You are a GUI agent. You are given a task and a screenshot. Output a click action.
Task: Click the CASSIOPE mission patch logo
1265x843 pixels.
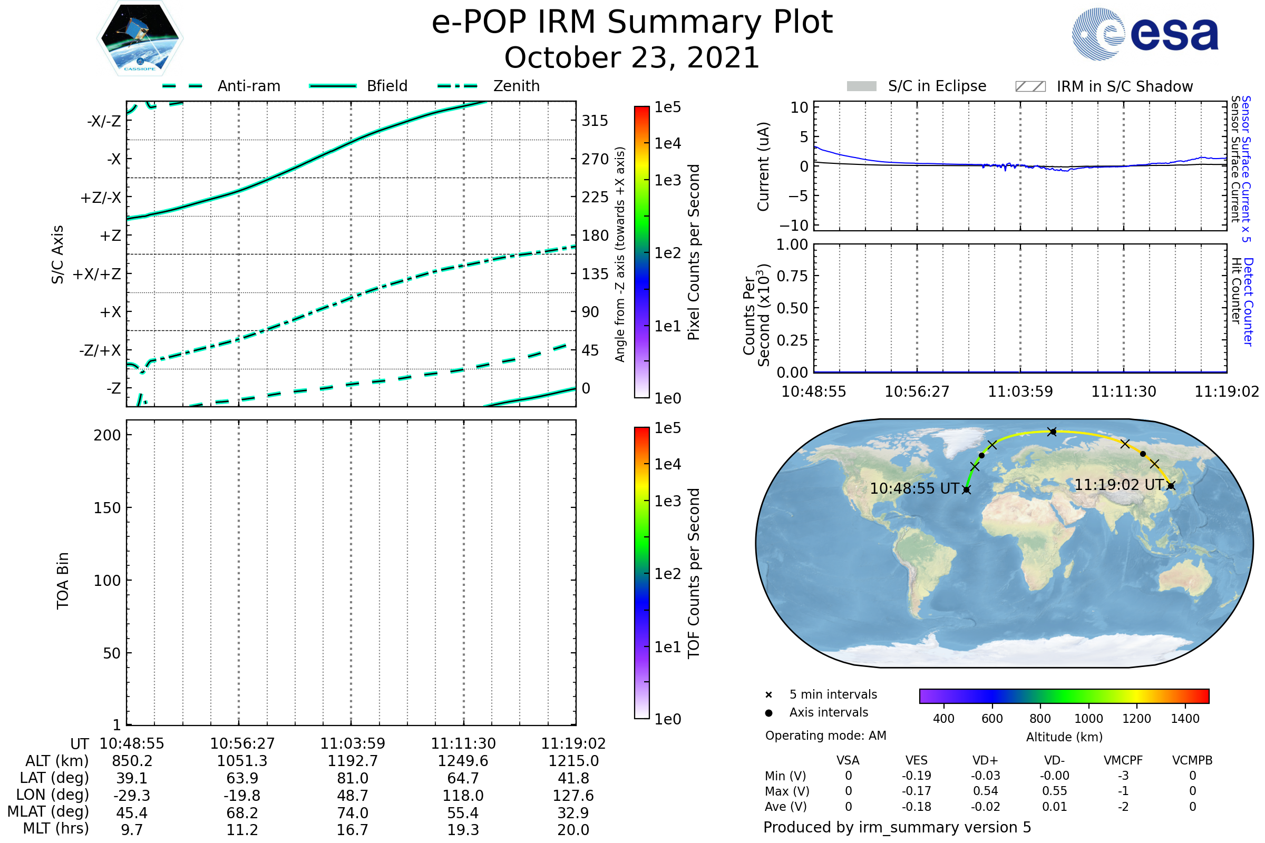[140, 38]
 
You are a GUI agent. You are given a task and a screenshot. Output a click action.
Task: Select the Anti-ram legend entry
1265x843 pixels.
[221, 86]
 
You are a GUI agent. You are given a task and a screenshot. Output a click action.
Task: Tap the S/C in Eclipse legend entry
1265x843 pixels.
[917, 86]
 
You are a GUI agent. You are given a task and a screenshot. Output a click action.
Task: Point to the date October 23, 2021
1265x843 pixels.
[632, 57]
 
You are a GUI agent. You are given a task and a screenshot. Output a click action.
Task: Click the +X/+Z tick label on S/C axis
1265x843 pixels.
[97, 274]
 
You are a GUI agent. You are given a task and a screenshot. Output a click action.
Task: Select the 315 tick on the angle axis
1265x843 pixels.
[595, 121]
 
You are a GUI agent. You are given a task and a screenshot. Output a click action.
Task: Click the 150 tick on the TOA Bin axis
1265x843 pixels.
[107, 508]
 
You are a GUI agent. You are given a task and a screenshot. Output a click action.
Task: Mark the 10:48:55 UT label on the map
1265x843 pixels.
[914, 489]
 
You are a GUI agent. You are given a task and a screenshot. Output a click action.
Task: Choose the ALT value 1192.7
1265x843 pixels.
[353, 761]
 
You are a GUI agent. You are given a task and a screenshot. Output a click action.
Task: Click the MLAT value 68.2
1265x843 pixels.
[242, 813]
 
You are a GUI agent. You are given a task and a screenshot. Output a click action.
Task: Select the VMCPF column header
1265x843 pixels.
[1123, 760]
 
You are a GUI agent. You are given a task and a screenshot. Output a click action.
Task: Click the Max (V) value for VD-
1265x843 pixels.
[1054, 791]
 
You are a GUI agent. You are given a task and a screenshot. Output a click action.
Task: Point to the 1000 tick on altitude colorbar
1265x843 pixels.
[1088, 719]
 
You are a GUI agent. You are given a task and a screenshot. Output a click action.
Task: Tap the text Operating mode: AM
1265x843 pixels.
[825, 736]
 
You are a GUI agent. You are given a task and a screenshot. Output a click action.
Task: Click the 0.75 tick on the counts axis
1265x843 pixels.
[792, 276]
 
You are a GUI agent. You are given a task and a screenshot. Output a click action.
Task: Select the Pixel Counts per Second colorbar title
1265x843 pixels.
[694, 252]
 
